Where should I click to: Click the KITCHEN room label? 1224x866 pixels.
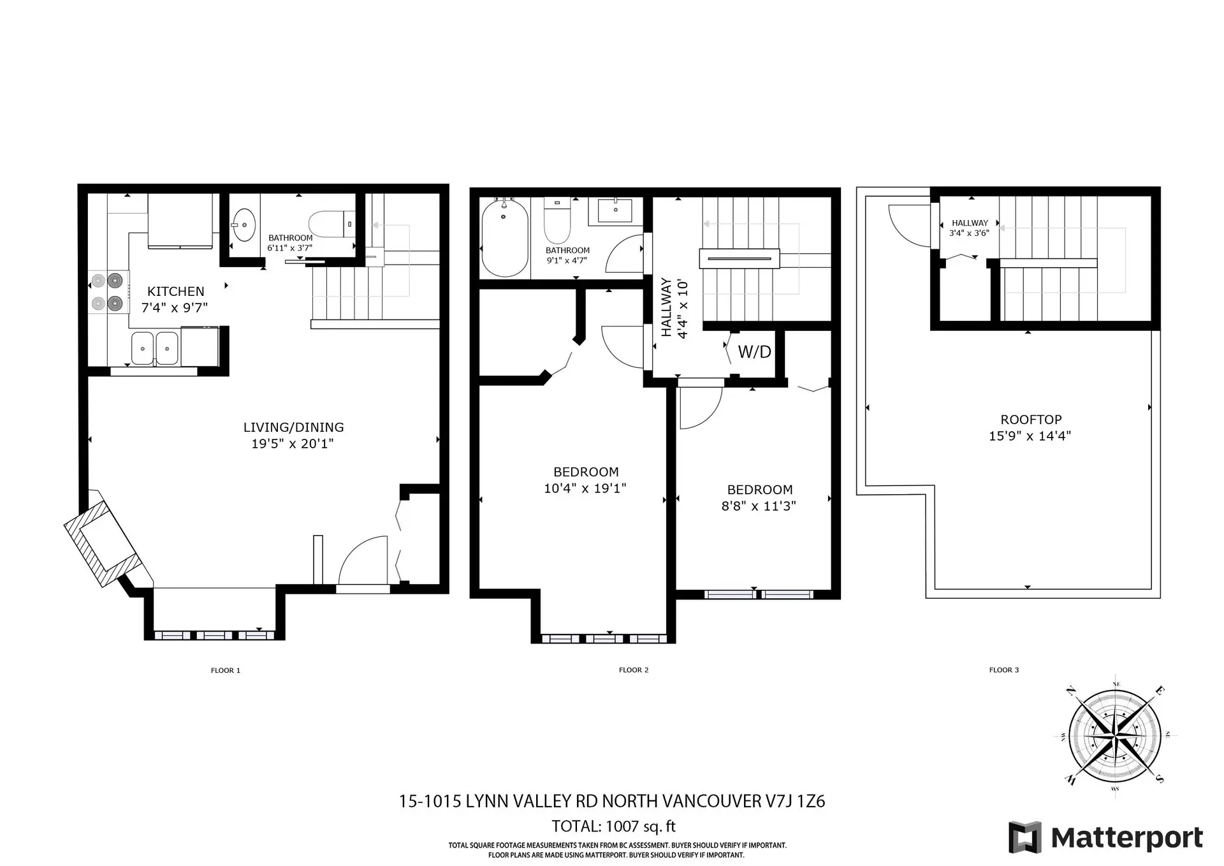[175, 291]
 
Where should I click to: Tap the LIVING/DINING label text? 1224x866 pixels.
[293, 427]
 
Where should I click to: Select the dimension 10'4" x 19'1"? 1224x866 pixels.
[585, 488]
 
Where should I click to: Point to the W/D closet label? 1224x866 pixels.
[754, 352]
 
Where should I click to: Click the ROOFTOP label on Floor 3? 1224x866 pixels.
[1031, 420]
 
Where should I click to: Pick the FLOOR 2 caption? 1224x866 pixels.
[633, 670]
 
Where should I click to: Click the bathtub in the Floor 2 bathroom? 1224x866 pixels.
[504, 237]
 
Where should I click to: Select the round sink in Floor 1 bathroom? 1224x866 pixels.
[244, 225]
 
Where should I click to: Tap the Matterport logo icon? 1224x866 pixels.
[1024, 837]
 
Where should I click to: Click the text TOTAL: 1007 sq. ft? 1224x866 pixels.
[613, 826]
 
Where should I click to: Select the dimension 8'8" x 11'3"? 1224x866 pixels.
[759, 506]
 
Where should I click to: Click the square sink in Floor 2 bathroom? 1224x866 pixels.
[615, 210]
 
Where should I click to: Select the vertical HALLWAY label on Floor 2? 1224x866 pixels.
[666, 307]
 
